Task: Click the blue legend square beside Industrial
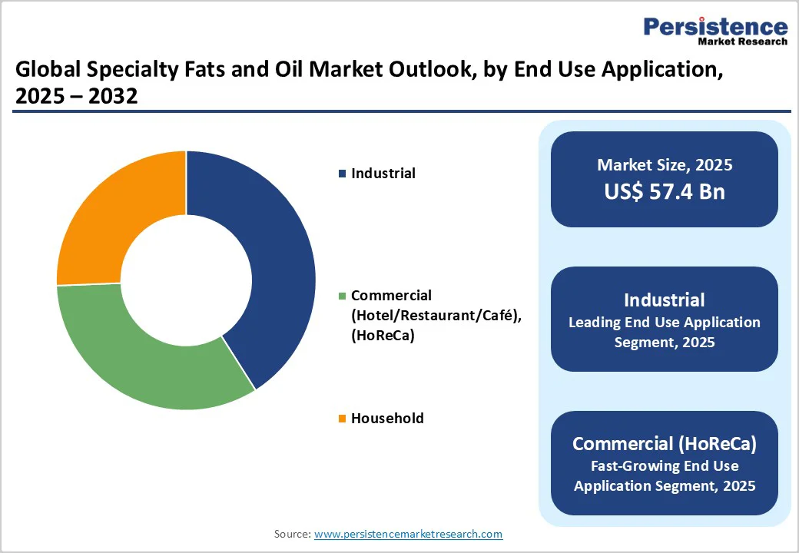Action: [342, 174]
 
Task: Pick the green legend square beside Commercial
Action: [342, 296]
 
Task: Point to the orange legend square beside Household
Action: [342, 419]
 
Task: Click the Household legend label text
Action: [387, 419]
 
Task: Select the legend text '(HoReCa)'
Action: [383, 335]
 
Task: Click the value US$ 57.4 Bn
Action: [664, 191]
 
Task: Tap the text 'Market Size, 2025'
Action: [664, 165]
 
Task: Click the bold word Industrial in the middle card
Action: [664, 300]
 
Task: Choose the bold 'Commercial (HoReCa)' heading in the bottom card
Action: [664, 444]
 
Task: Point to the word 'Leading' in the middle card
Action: [596, 323]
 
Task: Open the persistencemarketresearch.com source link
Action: [408, 534]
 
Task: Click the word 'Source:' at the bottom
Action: [292, 534]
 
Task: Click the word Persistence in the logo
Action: [715, 27]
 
